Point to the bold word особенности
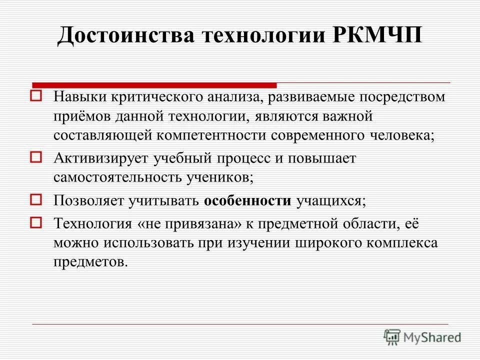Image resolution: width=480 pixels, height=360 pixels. pos(247,201)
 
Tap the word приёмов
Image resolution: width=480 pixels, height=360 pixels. pos(82,116)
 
